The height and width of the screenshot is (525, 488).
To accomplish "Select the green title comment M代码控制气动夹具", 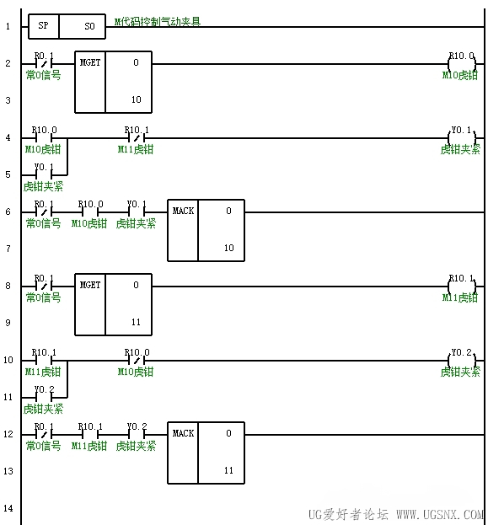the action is pyautogui.click(x=158, y=22).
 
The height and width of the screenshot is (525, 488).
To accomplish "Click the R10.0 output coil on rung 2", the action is pyautogui.click(x=462, y=63).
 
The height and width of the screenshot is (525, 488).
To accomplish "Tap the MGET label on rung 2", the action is pyautogui.click(x=90, y=62).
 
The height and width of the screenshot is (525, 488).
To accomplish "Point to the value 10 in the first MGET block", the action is pyautogui.click(x=136, y=99).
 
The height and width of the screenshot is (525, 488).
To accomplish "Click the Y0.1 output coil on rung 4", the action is pyautogui.click(x=462, y=138).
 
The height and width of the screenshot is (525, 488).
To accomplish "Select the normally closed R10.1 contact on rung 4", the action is pyautogui.click(x=137, y=137).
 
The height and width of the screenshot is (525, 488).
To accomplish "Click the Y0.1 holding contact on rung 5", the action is pyautogui.click(x=44, y=174).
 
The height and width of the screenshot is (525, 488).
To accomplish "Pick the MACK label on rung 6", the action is pyautogui.click(x=183, y=211).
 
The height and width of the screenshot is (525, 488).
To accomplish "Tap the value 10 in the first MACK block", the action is pyautogui.click(x=228, y=248).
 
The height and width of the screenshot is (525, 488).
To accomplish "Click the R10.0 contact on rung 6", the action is pyautogui.click(x=90, y=212).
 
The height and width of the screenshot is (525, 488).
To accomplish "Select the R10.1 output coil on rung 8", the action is pyautogui.click(x=462, y=287).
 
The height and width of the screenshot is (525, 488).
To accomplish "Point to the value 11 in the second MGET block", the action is pyautogui.click(x=136, y=322).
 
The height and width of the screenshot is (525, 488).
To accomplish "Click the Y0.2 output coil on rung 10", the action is pyautogui.click(x=462, y=361).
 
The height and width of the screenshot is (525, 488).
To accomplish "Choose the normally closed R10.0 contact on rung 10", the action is pyautogui.click(x=137, y=361).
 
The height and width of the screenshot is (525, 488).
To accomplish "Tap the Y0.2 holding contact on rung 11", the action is pyautogui.click(x=44, y=398).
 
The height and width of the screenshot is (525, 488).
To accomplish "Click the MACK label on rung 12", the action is pyautogui.click(x=183, y=434).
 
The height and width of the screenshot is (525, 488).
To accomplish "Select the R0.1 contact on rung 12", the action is pyautogui.click(x=44, y=435).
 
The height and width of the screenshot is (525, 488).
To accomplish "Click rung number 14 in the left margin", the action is pyautogui.click(x=8, y=508).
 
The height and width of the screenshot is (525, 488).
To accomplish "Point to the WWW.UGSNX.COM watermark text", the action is pyautogui.click(x=440, y=514).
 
